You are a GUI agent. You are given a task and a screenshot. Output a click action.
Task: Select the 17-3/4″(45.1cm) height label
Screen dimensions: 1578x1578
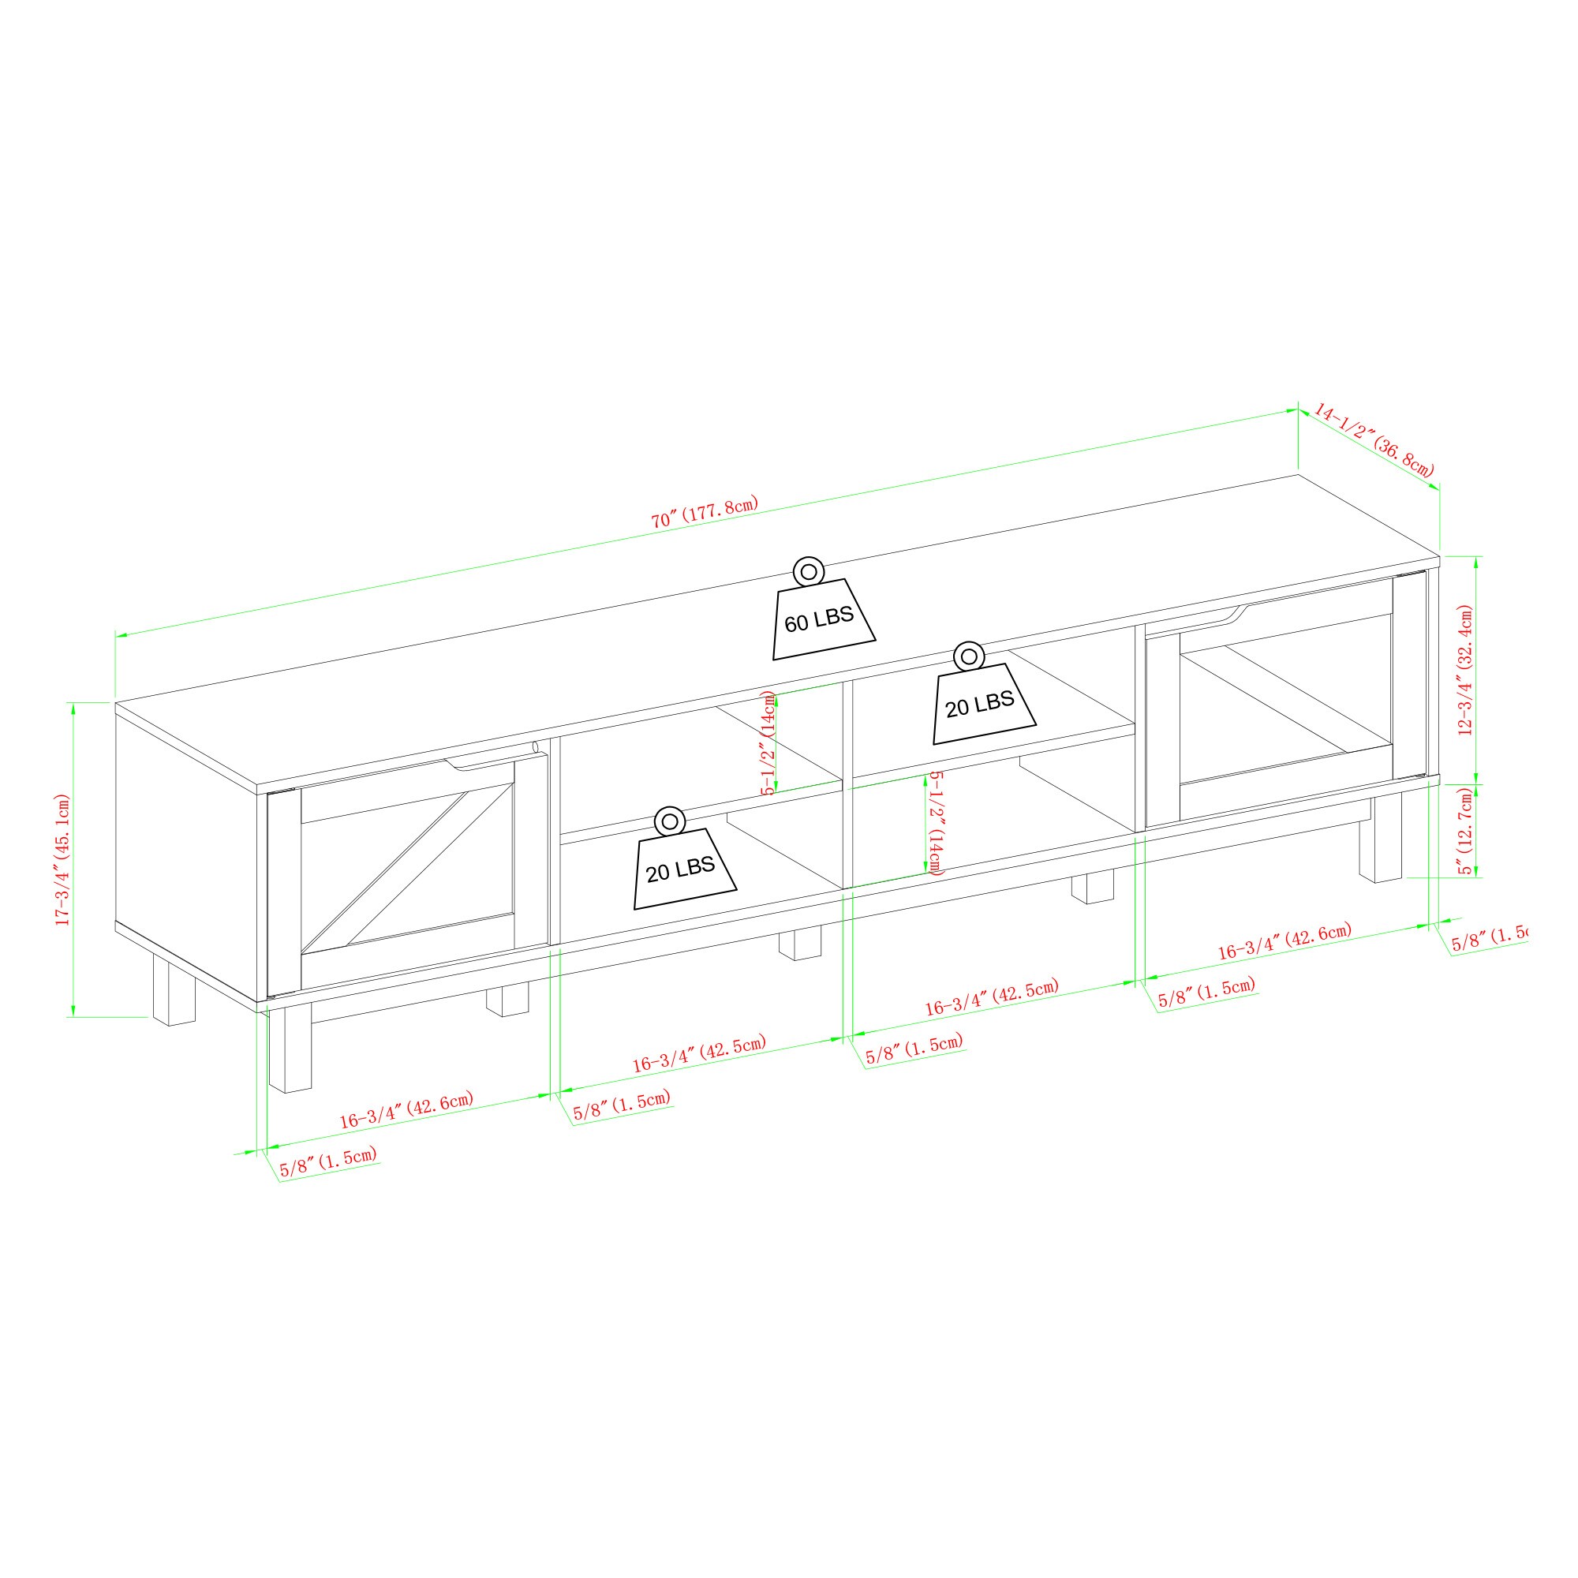[x=63, y=859]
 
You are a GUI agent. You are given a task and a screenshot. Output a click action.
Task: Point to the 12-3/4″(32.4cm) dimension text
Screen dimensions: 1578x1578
[x=1465, y=671]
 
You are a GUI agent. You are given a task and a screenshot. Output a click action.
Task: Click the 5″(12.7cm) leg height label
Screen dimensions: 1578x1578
[x=1467, y=831]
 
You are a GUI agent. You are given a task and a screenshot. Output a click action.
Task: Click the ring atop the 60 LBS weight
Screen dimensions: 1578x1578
[x=809, y=571]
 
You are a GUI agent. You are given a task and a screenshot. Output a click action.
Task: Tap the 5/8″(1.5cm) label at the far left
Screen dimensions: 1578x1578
[x=328, y=1161]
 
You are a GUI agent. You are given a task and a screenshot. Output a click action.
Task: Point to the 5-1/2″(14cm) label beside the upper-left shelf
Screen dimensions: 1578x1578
[x=768, y=742]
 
